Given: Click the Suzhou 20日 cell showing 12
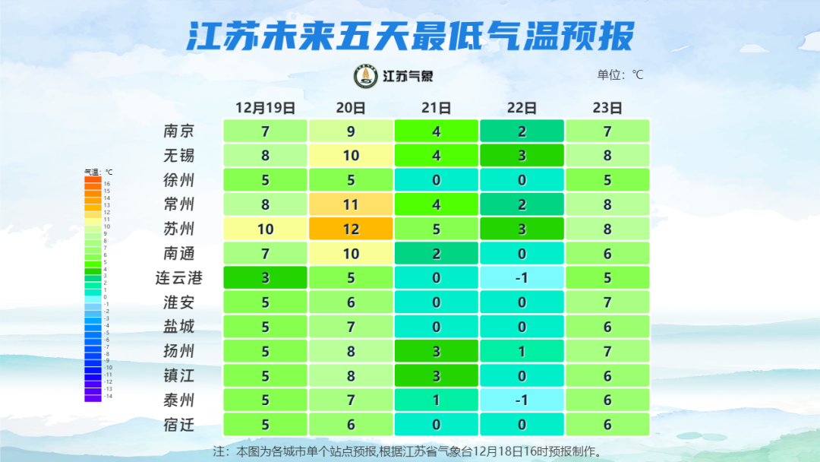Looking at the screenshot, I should (351, 229).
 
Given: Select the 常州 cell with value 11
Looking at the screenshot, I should (351, 204).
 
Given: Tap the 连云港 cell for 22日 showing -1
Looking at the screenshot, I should (522, 277).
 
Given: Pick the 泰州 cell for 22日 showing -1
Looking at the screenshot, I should (522, 400).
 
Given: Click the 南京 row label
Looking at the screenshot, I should (179, 131).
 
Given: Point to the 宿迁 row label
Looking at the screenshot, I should (179, 425).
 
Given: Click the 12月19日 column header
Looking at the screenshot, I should (265, 108).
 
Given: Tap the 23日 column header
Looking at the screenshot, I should (607, 108).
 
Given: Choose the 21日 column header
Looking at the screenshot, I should (437, 108).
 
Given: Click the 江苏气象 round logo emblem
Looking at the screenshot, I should (366, 76).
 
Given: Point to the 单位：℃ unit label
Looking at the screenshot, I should (620, 74).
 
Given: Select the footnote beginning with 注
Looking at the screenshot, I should (410, 451).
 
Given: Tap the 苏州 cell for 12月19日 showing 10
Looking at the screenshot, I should (265, 229).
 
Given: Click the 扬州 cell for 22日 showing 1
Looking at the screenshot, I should (522, 351).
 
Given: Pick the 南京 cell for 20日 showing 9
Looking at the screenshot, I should (351, 131).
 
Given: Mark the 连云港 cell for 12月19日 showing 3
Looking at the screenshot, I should (265, 277).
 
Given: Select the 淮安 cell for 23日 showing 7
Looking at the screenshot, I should (607, 302).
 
